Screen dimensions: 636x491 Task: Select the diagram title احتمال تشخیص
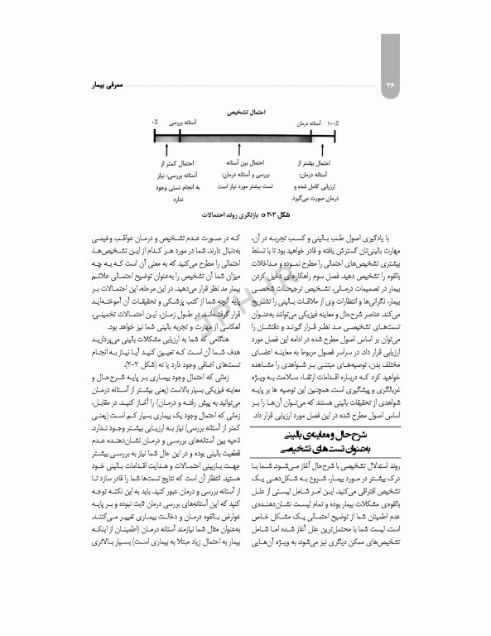point(246,109)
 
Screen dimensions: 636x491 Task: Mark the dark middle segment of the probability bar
point(243,133)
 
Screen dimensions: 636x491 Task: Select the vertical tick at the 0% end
point(154,133)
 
